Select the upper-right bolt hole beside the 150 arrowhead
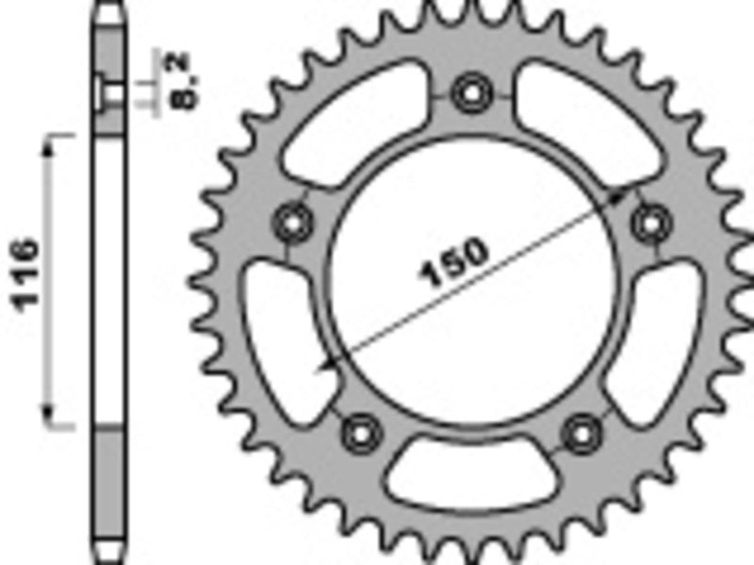[647, 223]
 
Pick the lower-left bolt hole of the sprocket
[358, 432]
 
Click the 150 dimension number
[454, 264]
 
